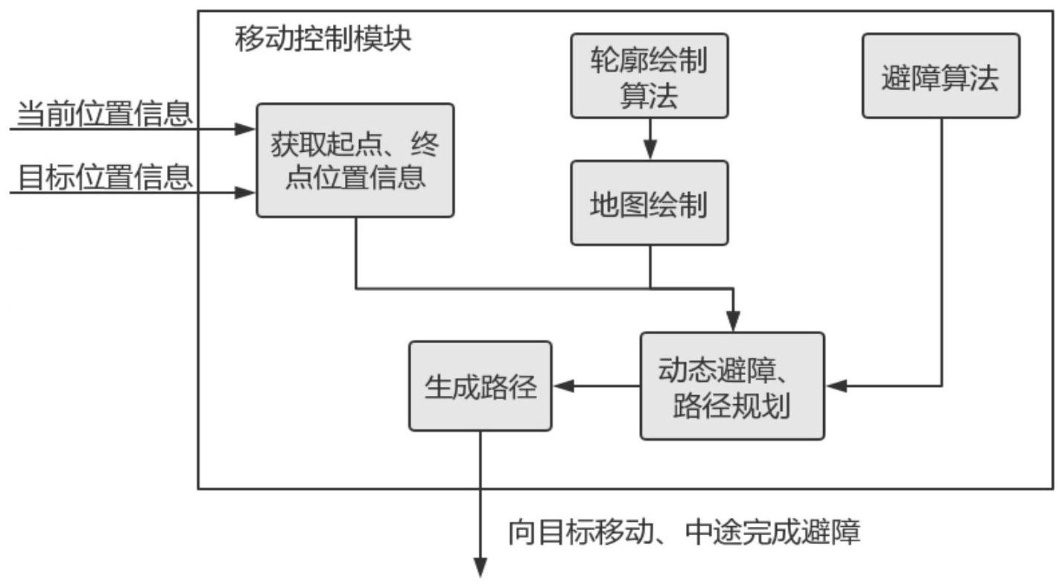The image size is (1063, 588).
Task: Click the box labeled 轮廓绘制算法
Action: coord(649,75)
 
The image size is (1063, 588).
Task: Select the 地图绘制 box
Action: coord(649,202)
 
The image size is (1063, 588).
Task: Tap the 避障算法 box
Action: coord(940,75)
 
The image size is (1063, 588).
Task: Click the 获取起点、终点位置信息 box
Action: coord(355,160)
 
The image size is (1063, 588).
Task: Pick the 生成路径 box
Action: coord(480,386)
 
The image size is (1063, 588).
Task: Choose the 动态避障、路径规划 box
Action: coord(732,386)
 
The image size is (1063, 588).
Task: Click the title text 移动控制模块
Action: coord(323,39)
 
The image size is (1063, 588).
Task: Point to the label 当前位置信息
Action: coord(104,114)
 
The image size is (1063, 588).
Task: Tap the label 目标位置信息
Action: coord(104,177)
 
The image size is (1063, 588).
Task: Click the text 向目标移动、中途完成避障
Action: coord(684,533)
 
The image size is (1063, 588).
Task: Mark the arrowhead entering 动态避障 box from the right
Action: coord(836,386)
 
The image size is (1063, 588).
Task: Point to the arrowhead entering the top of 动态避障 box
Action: coord(734,324)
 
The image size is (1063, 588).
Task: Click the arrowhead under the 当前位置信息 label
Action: coord(247,130)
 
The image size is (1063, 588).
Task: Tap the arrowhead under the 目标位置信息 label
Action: coord(247,193)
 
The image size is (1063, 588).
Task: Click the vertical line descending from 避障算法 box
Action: coord(942,253)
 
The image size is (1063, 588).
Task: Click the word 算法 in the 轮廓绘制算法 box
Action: coord(649,95)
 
